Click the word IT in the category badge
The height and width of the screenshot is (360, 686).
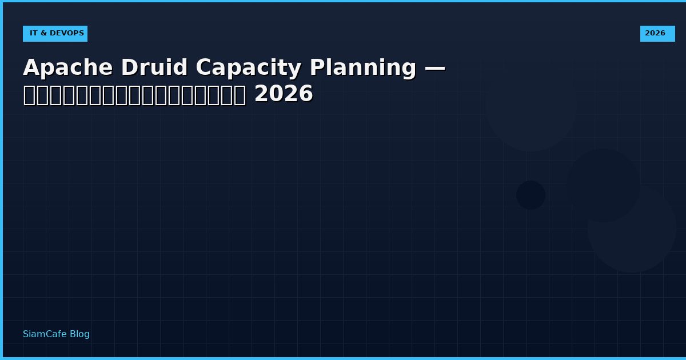[x=33, y=33]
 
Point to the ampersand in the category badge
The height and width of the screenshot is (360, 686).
[x=43, y=33]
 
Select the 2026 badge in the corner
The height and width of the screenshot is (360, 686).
[x=657, y=33]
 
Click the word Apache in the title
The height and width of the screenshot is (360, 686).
[x=68, y=68]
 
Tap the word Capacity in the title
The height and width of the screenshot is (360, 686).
[x=248, y=68]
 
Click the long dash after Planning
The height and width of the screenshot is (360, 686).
[x=434, y=68]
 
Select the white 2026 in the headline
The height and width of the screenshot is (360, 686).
[x=284, y=94]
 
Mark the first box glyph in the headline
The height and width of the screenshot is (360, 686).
[x=29, y=95]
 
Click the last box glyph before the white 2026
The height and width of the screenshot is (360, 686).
[x=240, y=95]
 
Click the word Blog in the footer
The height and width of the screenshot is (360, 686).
[x=79, y=334]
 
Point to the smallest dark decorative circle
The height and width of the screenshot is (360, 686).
[x=531, y=195]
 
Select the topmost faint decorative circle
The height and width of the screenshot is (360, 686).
[x=531, y=106]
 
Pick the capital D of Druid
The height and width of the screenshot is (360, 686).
[x=129, y=68]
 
